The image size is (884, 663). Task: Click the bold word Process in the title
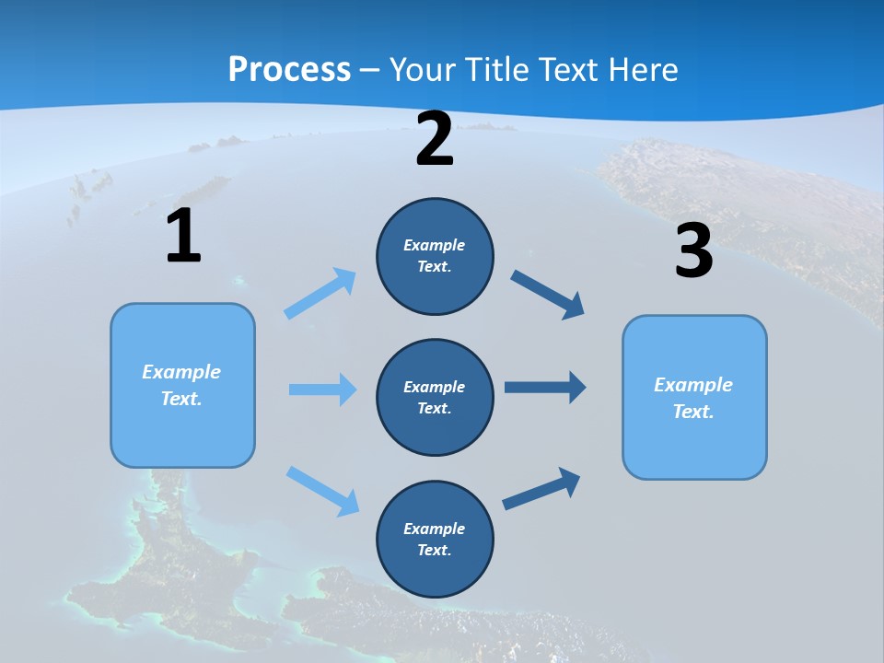[x=289, y=69]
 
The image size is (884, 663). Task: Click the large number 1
[x=183, y=236]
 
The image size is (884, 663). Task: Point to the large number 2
[x=435, y=139]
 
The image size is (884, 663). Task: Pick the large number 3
[x=693, y=250]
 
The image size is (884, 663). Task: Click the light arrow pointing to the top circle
[x=320, y=294]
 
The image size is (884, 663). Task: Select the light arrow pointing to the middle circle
[x=321, y=390]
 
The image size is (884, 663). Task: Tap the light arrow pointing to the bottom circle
[x=322, y=491]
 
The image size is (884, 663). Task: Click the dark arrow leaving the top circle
[x=547, y=295]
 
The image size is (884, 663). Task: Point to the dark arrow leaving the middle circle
[x=544, y=387]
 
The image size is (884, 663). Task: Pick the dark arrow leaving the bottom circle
[x=541, y=489]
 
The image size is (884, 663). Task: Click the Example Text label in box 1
[x=181, y=385]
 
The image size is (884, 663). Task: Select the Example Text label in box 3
[x=693, y=398]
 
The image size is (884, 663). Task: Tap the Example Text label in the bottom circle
[x=435, y=539]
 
